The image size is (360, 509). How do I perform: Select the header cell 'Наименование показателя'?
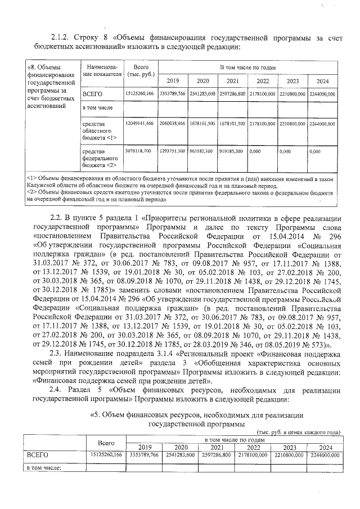pos(101,70)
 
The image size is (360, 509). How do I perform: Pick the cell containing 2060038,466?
pos(173,123)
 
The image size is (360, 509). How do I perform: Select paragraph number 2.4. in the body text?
pos(57,390)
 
